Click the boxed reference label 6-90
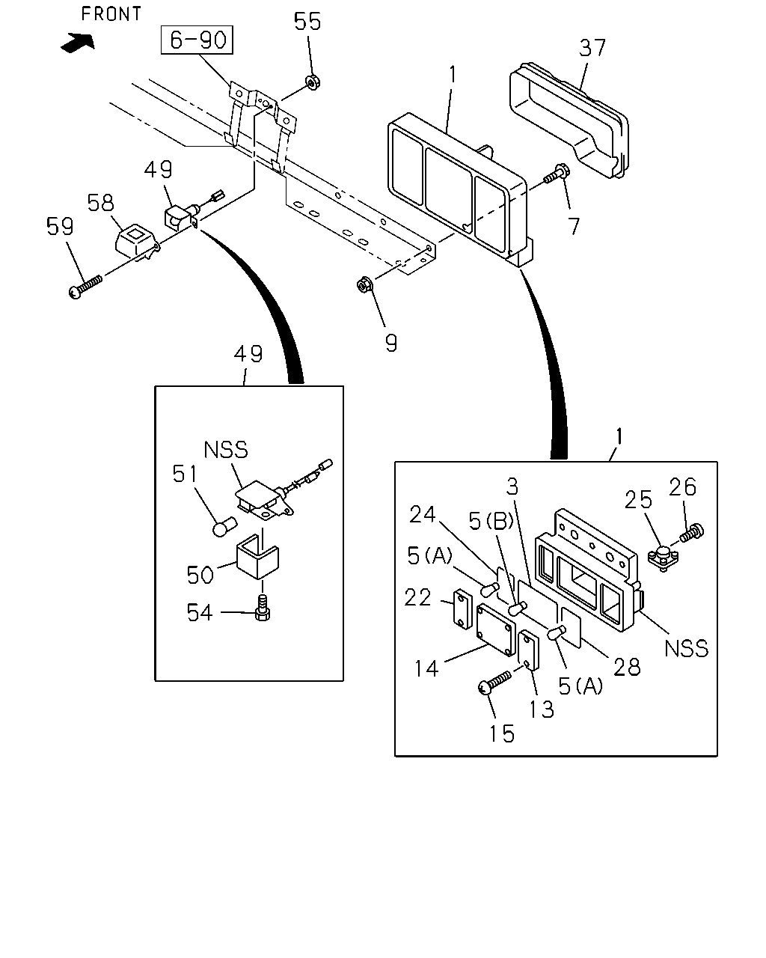tap(197, 40)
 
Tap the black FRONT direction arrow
tap(78, 43)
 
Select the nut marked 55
tap(313, 82)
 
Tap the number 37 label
tap(592, 48)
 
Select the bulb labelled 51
tap(224, 526)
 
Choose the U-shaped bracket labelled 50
tap(257, 556)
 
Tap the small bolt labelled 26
tap(692, 533)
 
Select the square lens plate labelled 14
tap(496, 629)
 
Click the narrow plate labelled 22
tap(463, 609)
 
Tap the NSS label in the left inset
tap(226, 450)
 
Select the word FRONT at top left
tap(111, 13)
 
